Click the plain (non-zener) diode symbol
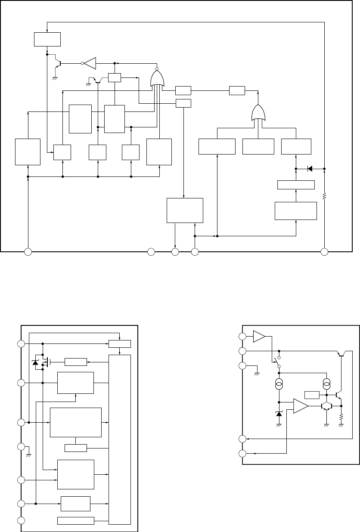click(x=310, y=169)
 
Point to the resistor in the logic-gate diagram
click(x=324, y=196)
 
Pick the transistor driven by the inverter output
click(x=58, y=63)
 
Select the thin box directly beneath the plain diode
click(x=296, y=185)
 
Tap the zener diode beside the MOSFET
click(x=35, y=362)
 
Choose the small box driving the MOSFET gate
click(x=75, y=362)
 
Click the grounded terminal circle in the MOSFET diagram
click(x=21, y=447)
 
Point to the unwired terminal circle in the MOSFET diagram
click(x=21, y=521)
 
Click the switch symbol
click(x=276, y=359)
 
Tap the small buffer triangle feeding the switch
click(x=260, y=337)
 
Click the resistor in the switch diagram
click(x=341, y=418)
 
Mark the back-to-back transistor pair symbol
click(x=327, y=405)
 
